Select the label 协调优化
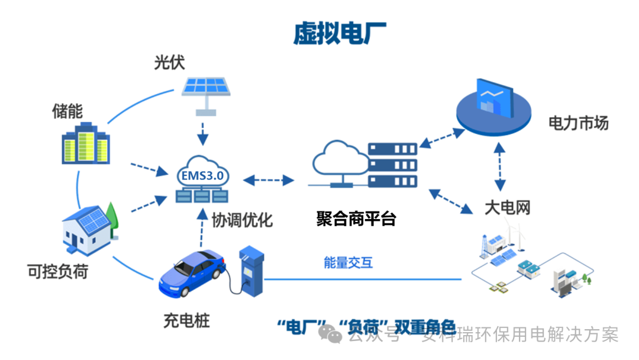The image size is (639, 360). pos(243,220)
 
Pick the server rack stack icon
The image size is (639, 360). pos(392,165)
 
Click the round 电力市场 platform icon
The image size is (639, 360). pos(493,108)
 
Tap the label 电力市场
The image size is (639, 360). pos(578,123)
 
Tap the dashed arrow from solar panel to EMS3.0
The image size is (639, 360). pos(203,133)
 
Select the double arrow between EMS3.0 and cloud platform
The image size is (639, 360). pos(268,179)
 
